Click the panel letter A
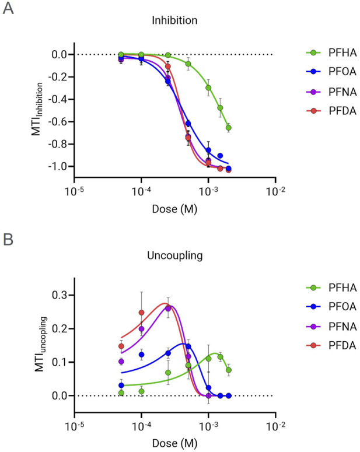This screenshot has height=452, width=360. pyautogui.click(x=8, y=10)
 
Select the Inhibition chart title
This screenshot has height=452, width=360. pyautogui.click(x=174, y=20)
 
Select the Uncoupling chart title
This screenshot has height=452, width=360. pyautogui.click(x=174, y=254)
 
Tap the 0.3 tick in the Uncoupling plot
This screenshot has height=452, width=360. pyautogui.click(x=61, y=295)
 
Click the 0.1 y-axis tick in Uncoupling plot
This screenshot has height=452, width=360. pyautogui.click(x=61, y=362)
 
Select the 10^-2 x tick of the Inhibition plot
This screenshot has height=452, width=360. pyautogui.click(x=275, y=191)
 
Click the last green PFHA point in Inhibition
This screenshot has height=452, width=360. pyautogui.click(x=229, y=128)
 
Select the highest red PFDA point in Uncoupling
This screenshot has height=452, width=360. pyautogui.click(x=141, y=313)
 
